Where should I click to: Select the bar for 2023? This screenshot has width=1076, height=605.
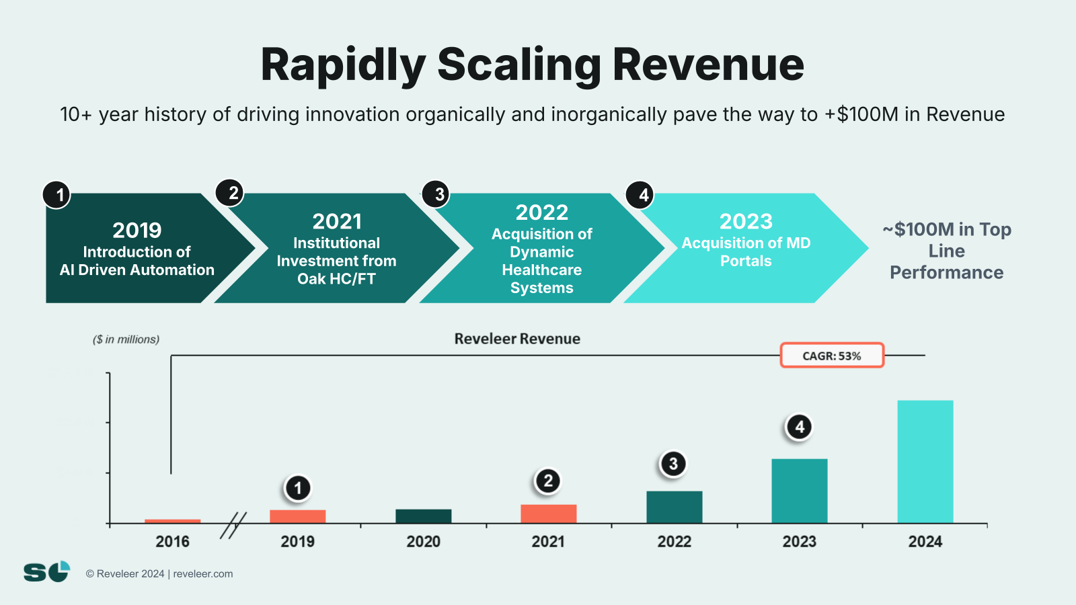(799, 491)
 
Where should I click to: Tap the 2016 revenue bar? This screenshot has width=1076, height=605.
(172, 521)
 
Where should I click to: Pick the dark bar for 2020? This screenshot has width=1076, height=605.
(423, 516)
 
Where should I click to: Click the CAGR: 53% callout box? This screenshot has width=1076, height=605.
(831, 356)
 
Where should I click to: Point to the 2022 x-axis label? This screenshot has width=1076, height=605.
(674, 542)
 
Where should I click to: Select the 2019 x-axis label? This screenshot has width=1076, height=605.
(297, 542)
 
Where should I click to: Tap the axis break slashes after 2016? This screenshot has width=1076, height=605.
(233, 525)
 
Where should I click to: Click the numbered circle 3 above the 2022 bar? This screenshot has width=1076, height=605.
(672, 463)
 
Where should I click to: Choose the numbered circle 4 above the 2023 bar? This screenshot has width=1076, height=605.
(799, 427)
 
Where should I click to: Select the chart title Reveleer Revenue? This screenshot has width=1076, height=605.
(516, 339)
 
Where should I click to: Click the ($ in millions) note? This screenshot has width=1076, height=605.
(126, 339)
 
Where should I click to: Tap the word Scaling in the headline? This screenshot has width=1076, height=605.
(518, 65)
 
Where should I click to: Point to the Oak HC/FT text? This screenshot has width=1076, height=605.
(336, 279)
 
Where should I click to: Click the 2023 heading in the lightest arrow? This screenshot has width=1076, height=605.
(746, 221)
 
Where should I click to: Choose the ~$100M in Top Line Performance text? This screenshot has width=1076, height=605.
(946, 251)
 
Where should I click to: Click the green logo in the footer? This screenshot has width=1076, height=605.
(46, 572)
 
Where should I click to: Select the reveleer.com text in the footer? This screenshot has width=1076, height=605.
(203, 574)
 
